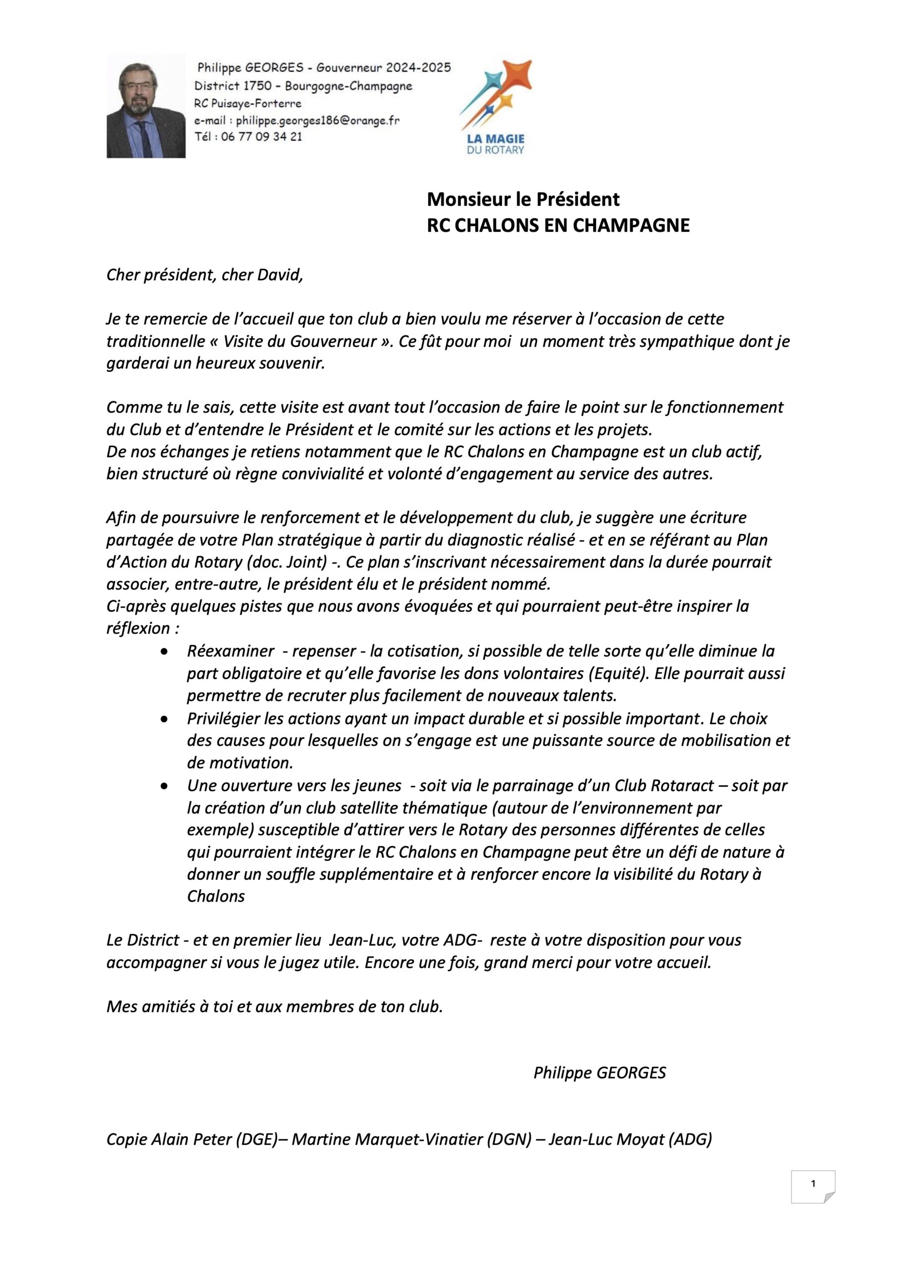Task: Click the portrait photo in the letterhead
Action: (146, 106)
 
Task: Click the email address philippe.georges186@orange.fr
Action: (317, 120)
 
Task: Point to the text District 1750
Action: (233, 86)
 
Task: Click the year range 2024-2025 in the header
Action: (418, 68)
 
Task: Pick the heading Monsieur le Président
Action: (523, 198)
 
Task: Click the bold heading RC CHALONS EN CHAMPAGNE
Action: (558, 226)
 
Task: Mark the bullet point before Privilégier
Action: (164, 719)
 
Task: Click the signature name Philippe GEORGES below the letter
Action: (600, 1073)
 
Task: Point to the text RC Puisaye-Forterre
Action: (248, 104)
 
